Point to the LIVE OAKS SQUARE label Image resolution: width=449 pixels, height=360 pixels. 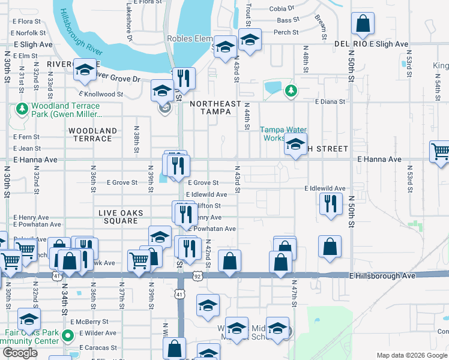pyautogui.click(x=119, y=217)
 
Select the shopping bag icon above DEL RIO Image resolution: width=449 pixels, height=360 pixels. pyautogui.click(x=363, y=24)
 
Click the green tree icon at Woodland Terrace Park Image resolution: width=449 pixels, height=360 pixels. pyautogui.click(x=22, y=109)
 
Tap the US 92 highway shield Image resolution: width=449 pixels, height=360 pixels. pyautogui.click(x=197, y=275)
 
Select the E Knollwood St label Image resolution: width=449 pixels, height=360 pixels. pyautogui.click(x=100, y=94)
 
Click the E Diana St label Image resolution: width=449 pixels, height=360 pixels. pyautogui.click(x=330, y=101)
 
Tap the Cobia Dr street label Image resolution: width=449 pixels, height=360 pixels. pyautogui.click(x=282, y=8)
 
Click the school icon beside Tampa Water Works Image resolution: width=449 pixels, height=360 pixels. pyautogui.click(x=295, y=145)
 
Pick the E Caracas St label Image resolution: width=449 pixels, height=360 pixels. pyautogui.click(x=89, y=347)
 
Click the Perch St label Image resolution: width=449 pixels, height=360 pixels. pyautogui.click(x=287, y=32)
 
